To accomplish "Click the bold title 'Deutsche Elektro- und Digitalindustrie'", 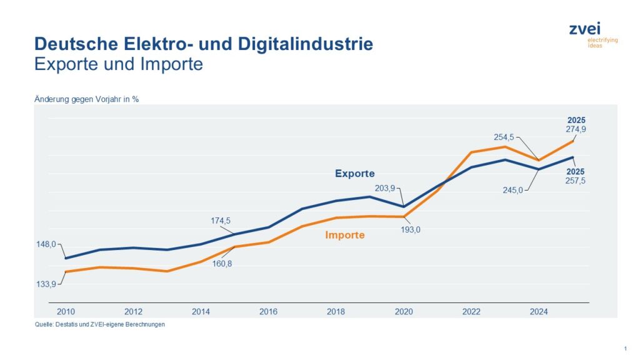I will tap(204, 44).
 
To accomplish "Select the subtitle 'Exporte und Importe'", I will tap(119, 64).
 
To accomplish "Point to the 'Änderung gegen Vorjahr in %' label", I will tap(86, 99).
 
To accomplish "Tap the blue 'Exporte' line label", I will tap(354, 174).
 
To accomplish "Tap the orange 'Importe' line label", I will tap(344, 236).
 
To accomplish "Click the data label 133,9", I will tap(45, 284).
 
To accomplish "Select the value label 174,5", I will tap(220, 221).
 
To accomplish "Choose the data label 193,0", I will tap(410, 229).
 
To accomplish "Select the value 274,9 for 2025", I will tap(576, 129).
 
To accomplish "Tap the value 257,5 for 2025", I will tap(576, 181).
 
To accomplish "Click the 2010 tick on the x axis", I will tap(66, 311).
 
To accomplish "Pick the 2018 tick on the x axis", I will tap(336, 311).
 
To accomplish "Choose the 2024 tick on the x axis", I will tap(538, 311).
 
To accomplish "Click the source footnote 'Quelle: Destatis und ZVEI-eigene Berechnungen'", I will tap(99, 324).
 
